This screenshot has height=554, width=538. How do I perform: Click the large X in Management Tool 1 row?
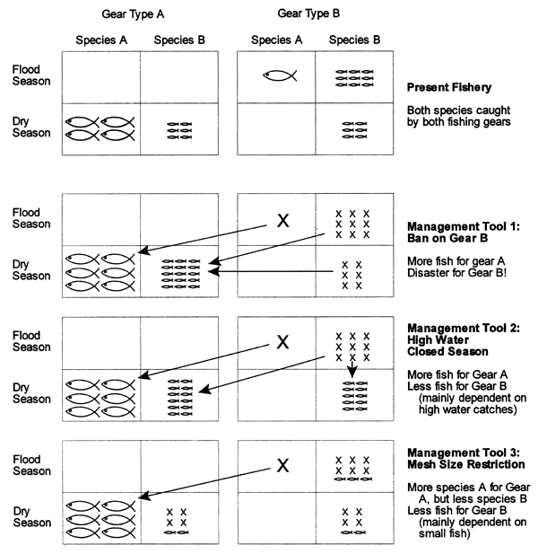pos(283,220)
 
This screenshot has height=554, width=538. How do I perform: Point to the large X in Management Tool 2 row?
pos(283,341)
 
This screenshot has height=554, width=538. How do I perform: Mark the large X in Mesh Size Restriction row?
pos(283,464)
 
